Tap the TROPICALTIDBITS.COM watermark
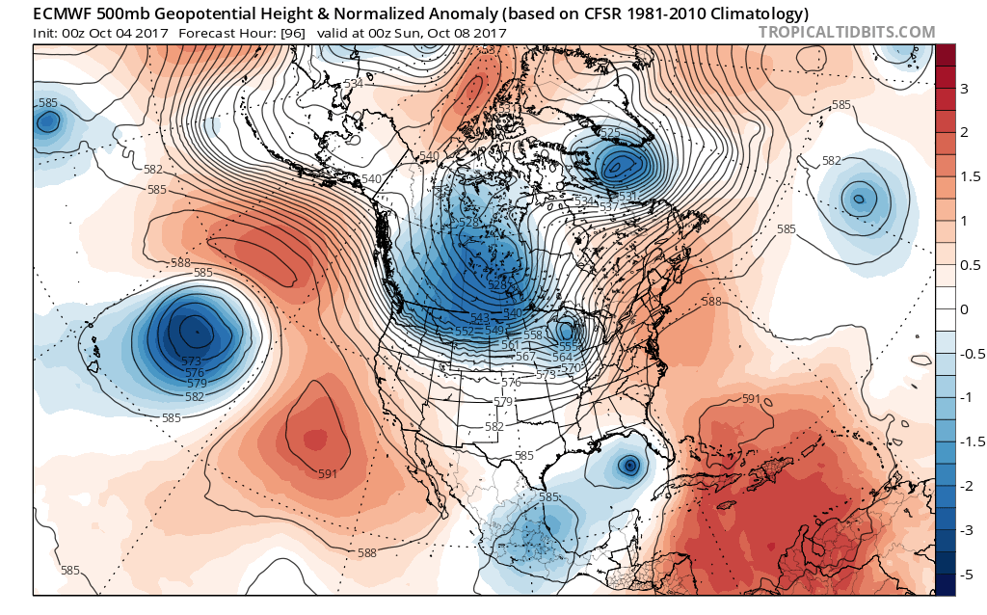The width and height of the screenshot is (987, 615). click(846, 32)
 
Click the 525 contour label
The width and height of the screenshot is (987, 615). click(609, 132)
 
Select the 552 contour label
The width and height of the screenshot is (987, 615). click(464, 331)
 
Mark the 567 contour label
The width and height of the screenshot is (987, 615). click(525, 357)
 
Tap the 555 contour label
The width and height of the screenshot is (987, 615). click(569, 346)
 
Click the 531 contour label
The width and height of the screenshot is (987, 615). click(627, 196)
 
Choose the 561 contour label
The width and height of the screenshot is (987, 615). click(511, 345)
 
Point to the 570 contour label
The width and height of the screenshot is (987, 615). click(571, 368)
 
